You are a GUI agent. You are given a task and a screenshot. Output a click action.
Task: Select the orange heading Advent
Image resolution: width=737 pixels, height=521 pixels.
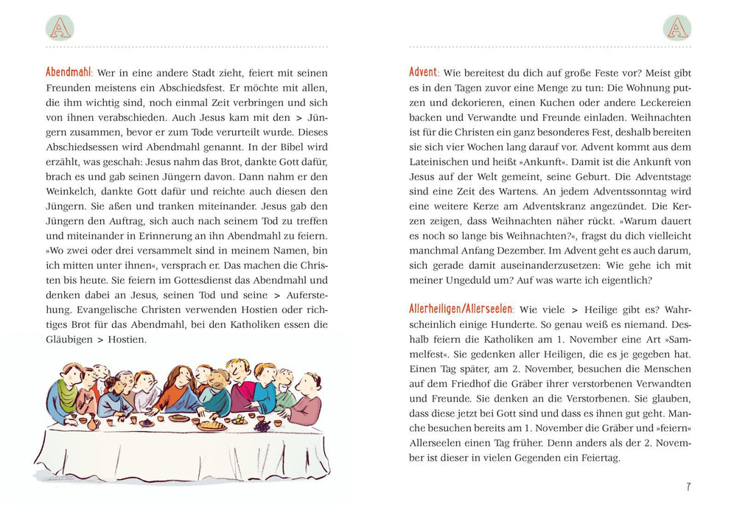(424, 73)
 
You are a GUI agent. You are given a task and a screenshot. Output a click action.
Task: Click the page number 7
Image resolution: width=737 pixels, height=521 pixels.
(688, 486)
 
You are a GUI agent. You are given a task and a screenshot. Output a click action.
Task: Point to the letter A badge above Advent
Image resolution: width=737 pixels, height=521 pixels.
(677, 27)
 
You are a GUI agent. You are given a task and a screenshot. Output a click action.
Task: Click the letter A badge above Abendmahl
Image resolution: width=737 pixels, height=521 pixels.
(60, 27)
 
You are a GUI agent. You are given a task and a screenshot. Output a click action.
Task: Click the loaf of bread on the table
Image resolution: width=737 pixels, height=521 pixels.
(211, 424)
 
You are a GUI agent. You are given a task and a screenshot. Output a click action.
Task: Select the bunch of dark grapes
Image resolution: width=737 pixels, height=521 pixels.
(262, 425)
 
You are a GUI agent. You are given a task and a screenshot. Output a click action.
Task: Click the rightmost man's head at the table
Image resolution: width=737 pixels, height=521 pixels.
(309, 382)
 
